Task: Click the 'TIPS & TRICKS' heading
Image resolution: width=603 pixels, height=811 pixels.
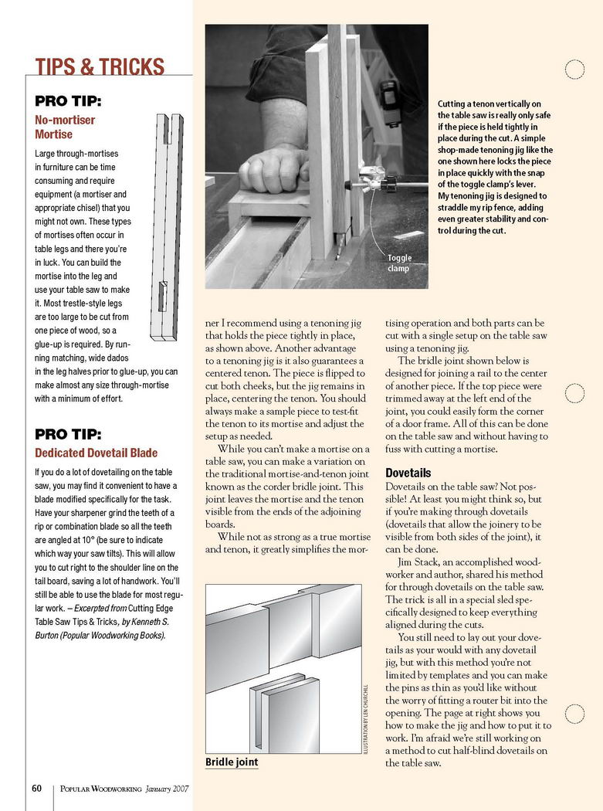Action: pyautogui.click(x=100, y=67)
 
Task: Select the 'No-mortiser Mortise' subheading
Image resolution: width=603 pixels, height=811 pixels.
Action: pyautogui.click(x=65, y=127)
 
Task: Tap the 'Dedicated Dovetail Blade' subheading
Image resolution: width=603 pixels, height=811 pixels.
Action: pyautogui.click(x=96, y=453)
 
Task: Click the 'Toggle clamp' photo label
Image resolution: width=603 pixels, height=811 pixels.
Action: pyautogui.click(x=399, y=263)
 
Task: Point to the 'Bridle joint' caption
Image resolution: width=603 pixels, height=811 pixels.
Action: pyautogui.click(x=232, y=762)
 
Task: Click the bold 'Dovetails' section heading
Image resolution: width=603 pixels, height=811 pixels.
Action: pyautogui.click(x=408, y=473)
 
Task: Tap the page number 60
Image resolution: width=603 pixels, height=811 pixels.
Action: pyautogui.click(x=36, y=789)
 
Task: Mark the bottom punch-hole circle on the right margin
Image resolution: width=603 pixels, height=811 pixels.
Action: pyautogui.click(x=574, y=715)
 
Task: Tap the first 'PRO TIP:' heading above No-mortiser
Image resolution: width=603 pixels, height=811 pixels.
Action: pyautogui.click(x=69, y=101)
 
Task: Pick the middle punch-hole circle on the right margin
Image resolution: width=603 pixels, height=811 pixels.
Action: pyautogui.click(x=574, y=392)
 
